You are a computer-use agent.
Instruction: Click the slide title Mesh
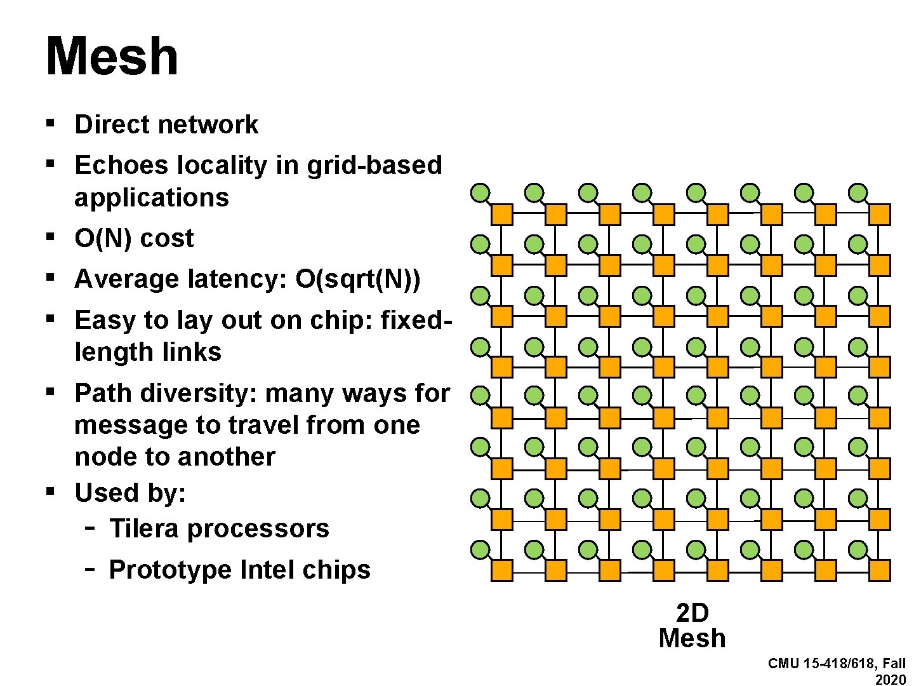(112, 57)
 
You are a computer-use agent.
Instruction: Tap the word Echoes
(121, 165)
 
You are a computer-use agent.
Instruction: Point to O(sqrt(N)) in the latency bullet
(357, 279)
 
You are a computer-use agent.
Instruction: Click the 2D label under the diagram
(692, 614)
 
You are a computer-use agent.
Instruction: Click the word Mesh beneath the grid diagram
(692, 638)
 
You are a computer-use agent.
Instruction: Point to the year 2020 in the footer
(891, 680)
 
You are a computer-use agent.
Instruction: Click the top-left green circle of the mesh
(480, 192)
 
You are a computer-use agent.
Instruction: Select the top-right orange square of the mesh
(880, 215)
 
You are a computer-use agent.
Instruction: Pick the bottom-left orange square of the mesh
(502, 570)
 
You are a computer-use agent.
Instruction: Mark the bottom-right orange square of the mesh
(880, 570)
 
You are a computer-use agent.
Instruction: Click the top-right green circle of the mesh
(858, 192)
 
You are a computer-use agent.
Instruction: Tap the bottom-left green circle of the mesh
(480, 549)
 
